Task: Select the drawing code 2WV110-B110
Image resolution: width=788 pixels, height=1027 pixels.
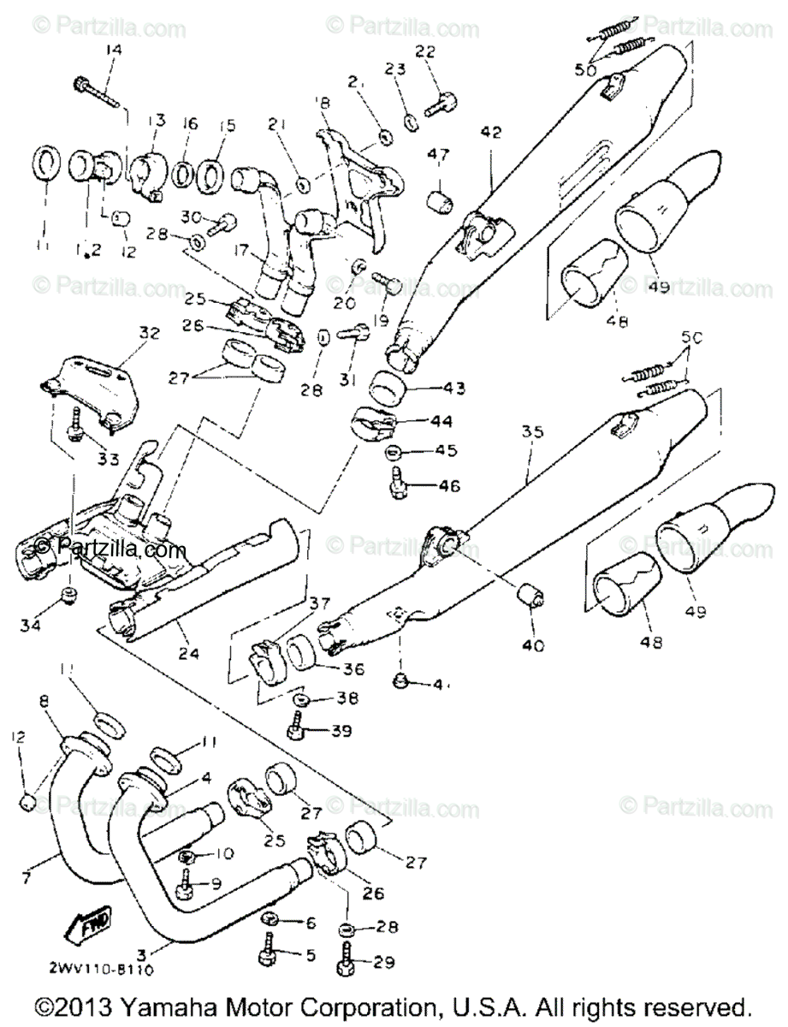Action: pyautogui.click(x=107, y=970)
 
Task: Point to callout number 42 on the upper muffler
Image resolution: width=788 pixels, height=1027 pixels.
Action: pyautogui.click(x=489, y=133)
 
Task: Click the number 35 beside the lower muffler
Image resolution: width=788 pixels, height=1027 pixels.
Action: pyautogui.click(x=532, y=433)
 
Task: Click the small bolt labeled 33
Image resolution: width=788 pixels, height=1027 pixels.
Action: pyautogui.click(x=75, y=422)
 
